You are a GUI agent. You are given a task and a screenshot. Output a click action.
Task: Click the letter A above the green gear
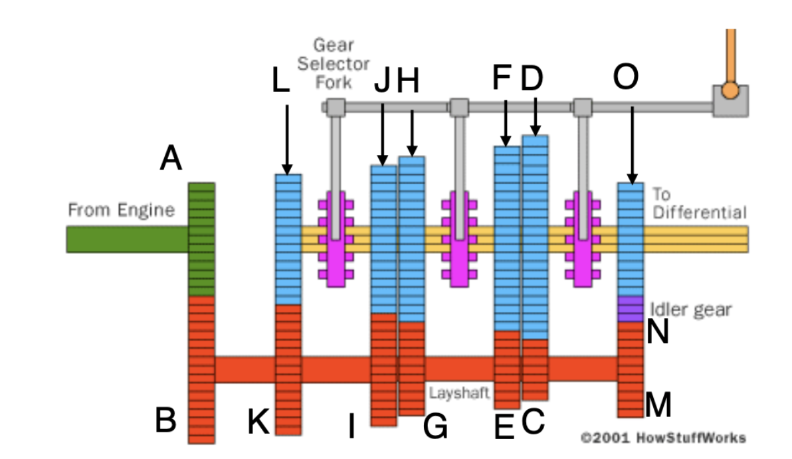pos(171,160)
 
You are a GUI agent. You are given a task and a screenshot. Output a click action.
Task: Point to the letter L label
pos(281,81)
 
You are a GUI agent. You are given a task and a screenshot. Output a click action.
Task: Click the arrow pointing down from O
pos(631,143)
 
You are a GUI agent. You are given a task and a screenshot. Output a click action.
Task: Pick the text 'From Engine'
pos(121,211)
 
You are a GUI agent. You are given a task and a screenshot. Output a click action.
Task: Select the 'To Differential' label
pos(698,204)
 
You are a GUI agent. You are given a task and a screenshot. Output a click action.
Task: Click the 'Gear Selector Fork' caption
pos(333,64)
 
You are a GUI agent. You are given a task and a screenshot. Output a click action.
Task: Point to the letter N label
pos(657,333)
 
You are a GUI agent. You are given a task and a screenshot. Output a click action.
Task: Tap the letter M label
pos(658,404)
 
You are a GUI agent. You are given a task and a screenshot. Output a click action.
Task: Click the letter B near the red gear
pos(166,420)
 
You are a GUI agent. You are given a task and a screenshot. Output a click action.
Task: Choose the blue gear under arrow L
pos(288,239)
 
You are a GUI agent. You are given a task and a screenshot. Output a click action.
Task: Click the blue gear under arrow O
pos(631,239)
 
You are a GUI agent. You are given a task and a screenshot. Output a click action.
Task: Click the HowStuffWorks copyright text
pos(663,438)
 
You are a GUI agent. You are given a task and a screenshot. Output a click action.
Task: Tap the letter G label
pos(435,428)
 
